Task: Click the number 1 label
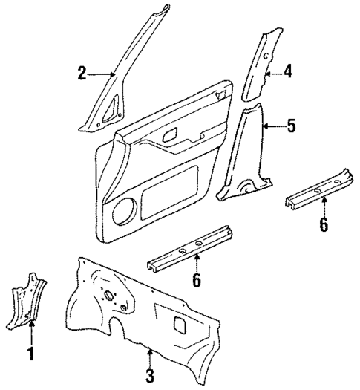point(30,354)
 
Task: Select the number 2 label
point(82,72)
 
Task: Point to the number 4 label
point(287,71)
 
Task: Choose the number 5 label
point(290,126)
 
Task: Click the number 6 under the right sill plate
point(323,225)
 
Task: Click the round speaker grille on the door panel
point(125,211)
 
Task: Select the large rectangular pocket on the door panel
point(171,195)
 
